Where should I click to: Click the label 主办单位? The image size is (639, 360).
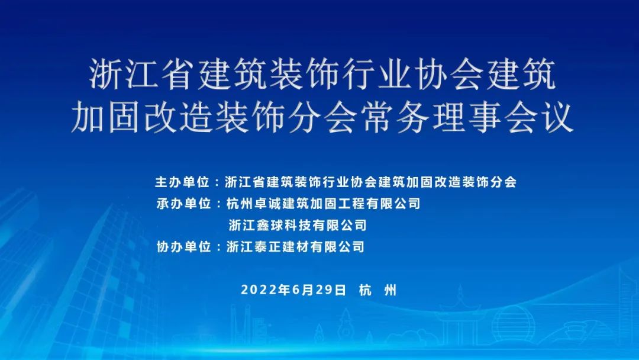[x=183, y=182]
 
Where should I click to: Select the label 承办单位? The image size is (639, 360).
[x=183, y=204]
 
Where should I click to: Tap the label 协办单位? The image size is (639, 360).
[x=183, y=247]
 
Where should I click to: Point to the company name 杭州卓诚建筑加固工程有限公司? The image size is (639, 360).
[x=324, y=204]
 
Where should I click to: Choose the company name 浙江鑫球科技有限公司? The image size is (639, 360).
[x=297, y=226]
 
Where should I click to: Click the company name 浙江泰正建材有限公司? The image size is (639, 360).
[x=296, y=247]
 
